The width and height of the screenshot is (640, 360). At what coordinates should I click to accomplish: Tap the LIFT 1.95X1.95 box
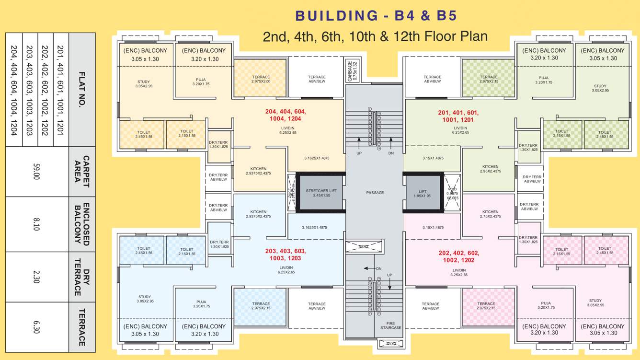[x=422, y=193]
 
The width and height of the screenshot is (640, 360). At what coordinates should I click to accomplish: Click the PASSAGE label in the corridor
[x=375, y=193]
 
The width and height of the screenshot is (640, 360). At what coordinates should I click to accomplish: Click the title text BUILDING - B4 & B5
[x=376, y=16]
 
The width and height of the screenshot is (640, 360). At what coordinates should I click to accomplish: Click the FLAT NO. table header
[x=82, y=90]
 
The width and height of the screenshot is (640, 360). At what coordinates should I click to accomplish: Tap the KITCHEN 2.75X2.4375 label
[x=490, y=214]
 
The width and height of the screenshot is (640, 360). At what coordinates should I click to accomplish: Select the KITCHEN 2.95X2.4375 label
[x=490, y=169]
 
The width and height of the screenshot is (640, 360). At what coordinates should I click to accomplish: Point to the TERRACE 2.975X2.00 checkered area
[x=261, y=79]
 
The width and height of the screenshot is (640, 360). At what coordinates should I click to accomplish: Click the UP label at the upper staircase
[x=359, y=153]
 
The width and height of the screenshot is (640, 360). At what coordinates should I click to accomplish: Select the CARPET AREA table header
[x=82, y=172]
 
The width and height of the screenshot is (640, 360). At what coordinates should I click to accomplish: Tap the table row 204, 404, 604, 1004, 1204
[x=13, y=90]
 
